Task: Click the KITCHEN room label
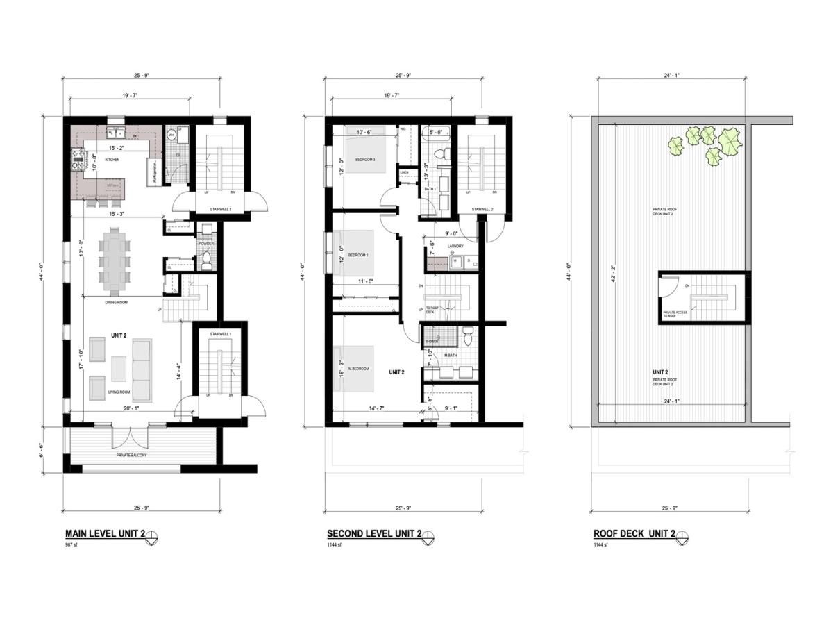click(112, 160)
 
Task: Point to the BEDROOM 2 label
click(357, 255)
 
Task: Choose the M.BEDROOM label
click(358, 369)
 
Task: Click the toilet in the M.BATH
click(467, 337)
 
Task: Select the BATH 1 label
click(430, 190)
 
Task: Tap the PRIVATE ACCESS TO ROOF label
click(675, 314)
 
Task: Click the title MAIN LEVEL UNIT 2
click(105, 534)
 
